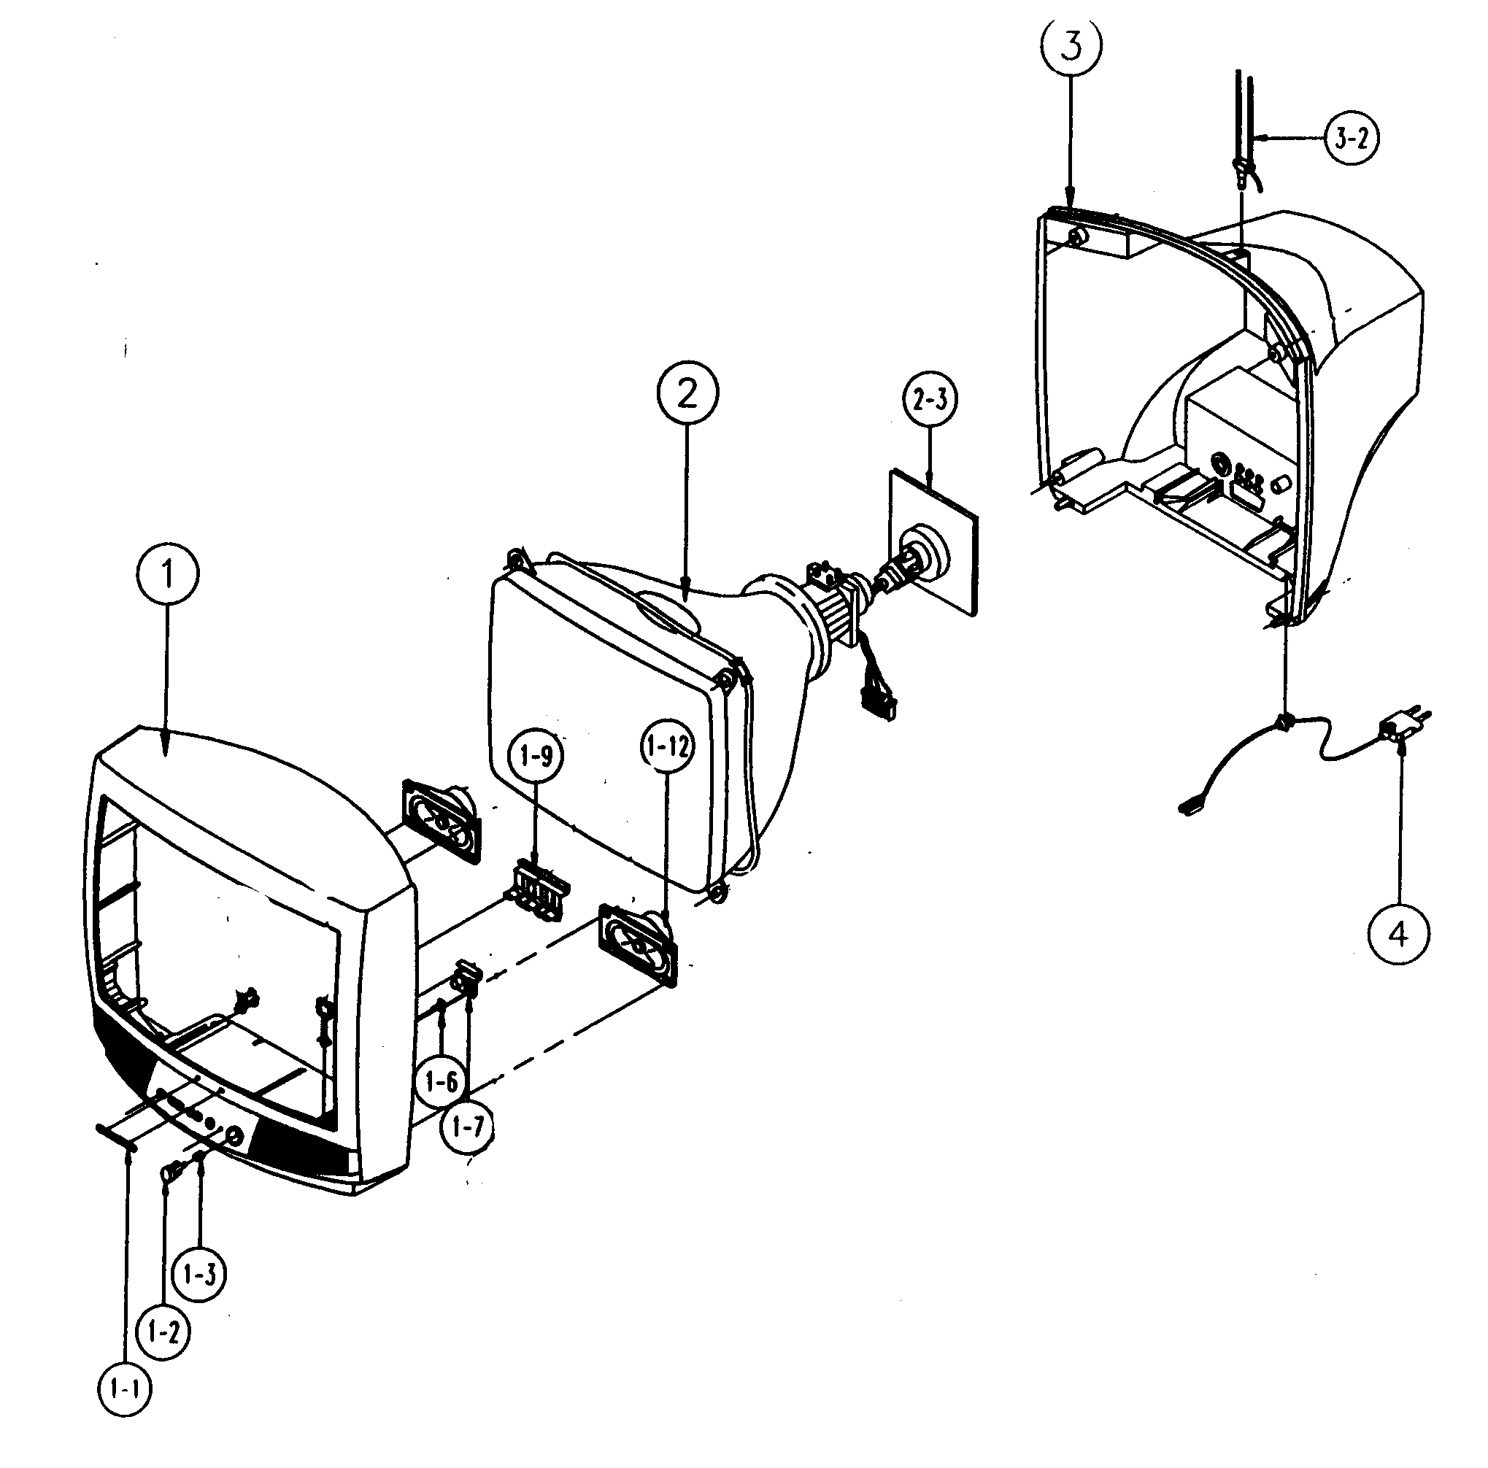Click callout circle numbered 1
pos(167,573)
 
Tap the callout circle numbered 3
pos(1071,46)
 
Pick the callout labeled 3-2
pos(1352,139)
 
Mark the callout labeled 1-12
pos(667,746)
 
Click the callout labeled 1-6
pos(441,1082)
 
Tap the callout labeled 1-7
pos(468,1127)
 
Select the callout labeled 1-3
pos(199,1275)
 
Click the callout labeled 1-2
pos(163,1331)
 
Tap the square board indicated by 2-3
pos(933,539)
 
